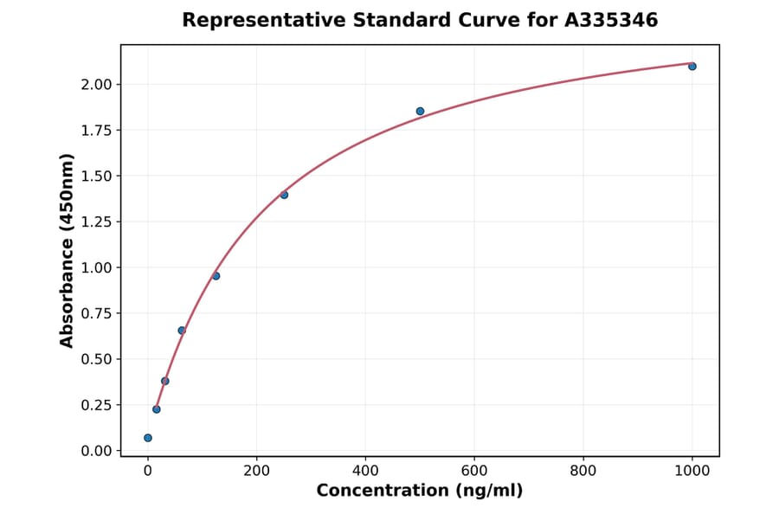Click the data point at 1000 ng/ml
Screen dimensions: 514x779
pos(692,67)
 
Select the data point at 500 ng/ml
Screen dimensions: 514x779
pos(420,112)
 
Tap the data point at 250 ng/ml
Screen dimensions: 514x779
pos(284,195)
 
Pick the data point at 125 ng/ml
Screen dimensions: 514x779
pos(216,276)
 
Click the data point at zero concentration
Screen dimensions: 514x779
pos(148,438)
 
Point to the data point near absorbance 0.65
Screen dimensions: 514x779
pos(182,331)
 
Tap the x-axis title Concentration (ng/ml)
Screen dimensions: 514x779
pos(420,492)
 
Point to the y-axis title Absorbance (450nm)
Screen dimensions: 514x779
pos(68,250)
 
